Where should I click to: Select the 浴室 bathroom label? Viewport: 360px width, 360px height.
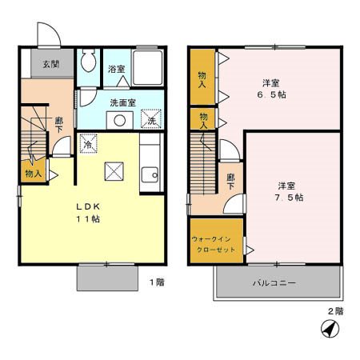(116, 69)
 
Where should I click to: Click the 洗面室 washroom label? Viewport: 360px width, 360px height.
(122, 102)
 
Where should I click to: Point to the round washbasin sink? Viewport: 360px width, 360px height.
(120, 121)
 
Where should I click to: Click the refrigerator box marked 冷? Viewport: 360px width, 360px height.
(90, 143)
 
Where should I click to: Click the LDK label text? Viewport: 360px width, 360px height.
(83, 206)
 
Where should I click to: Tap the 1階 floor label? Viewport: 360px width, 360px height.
(157, 281)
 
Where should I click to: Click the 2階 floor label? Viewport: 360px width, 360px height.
(334, 310)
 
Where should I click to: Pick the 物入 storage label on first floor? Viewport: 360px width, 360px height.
(33, 173)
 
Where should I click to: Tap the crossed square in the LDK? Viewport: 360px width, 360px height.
(114, 170)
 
